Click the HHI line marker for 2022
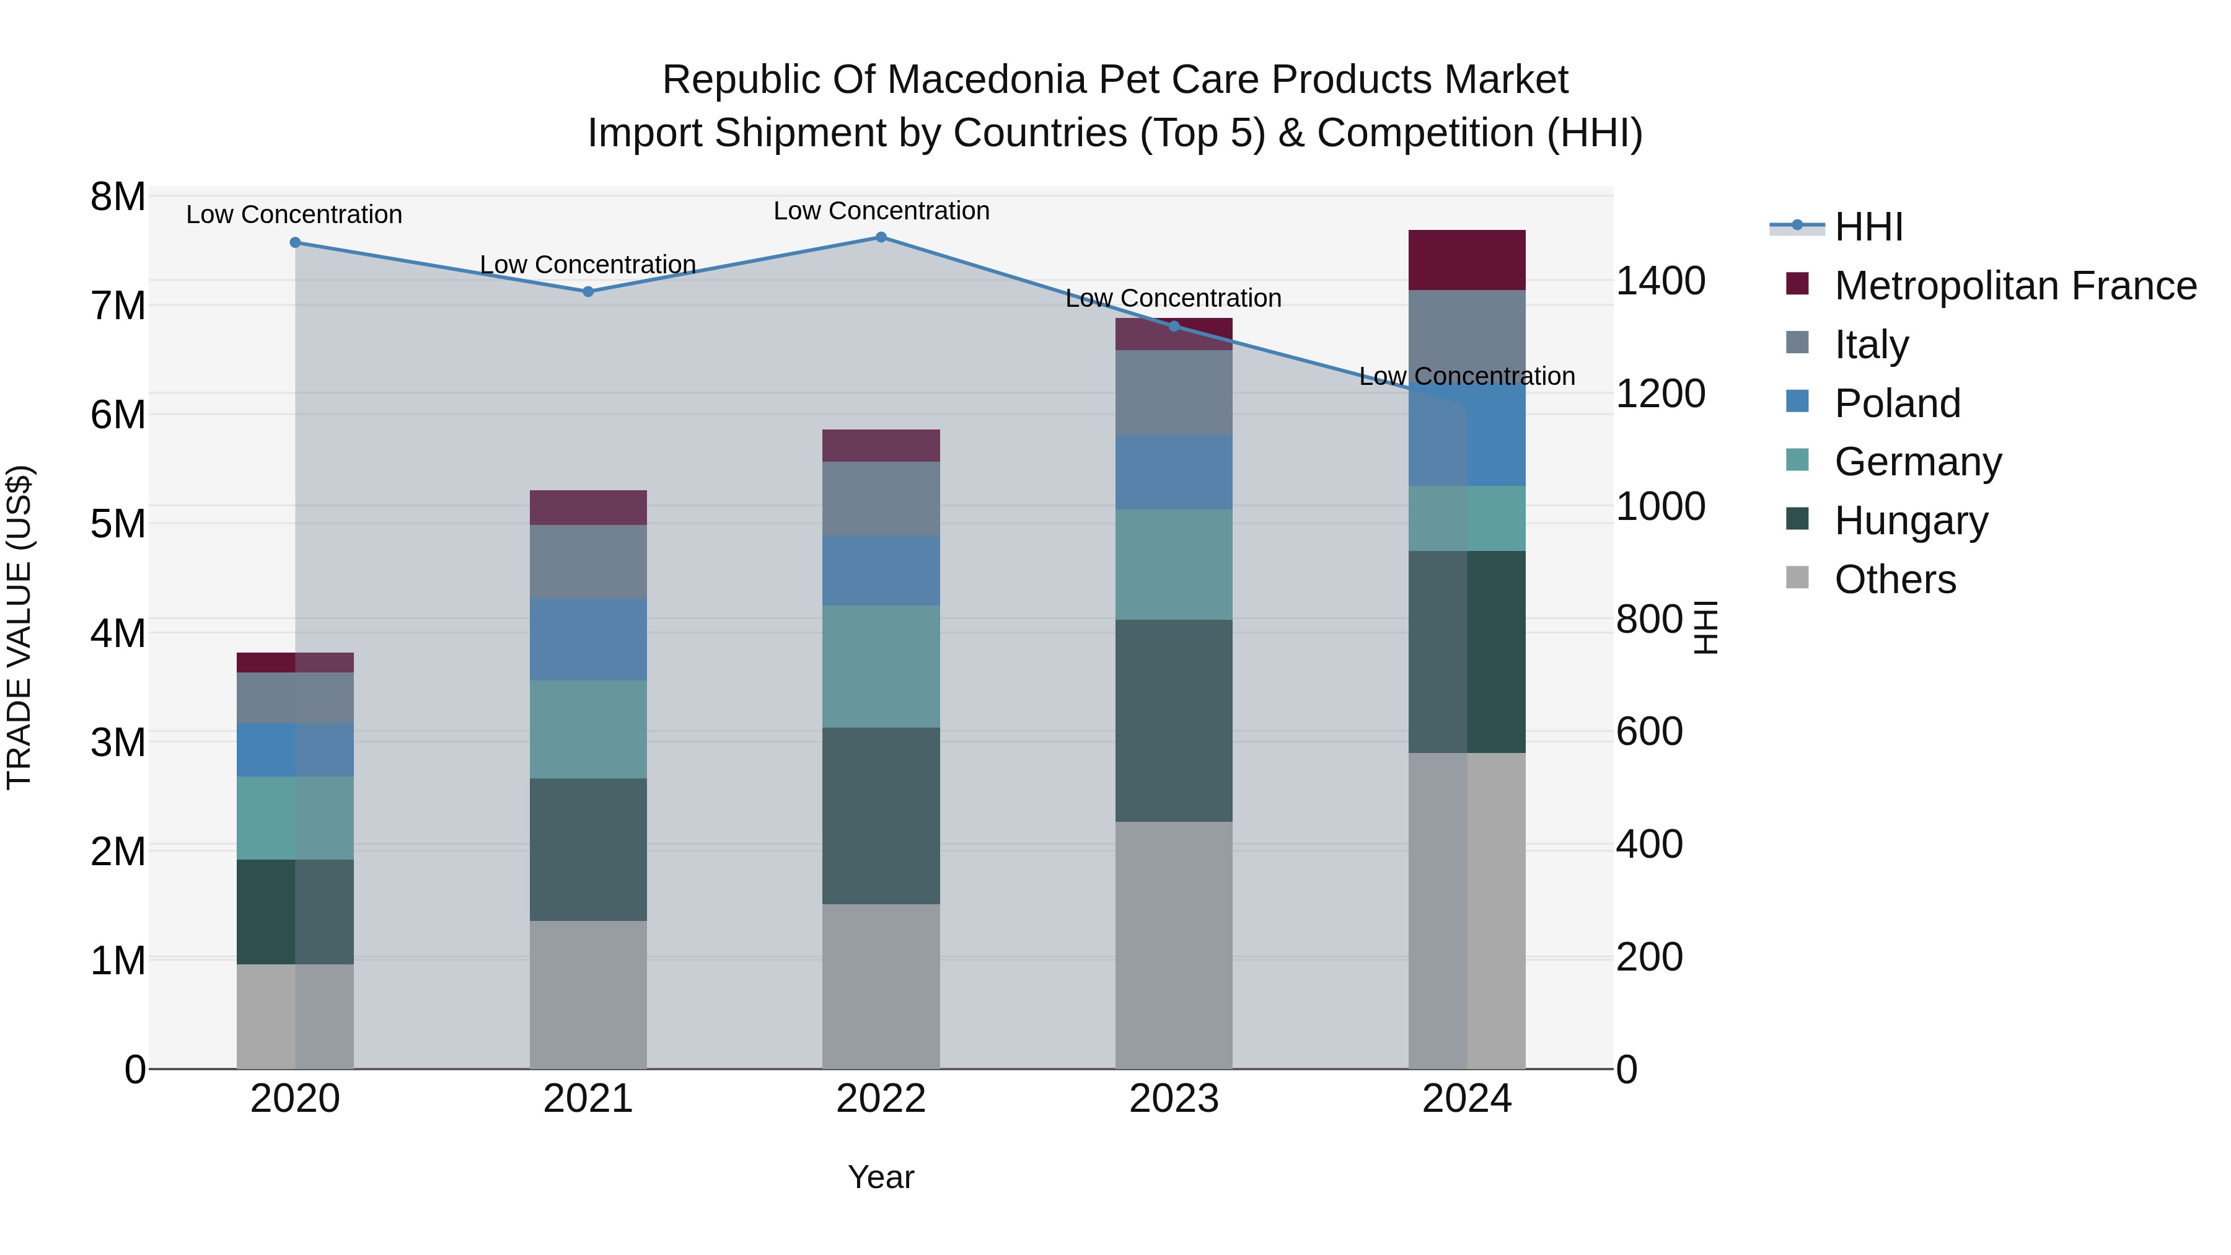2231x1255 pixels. coord(881,237)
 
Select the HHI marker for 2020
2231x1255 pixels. coord(296,242)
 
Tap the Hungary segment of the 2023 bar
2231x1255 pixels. coord(1174,721)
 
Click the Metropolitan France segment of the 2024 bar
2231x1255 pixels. coord(1466,260)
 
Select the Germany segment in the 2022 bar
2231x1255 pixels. coord(881,666)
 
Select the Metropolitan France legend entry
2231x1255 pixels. coord(2015,286)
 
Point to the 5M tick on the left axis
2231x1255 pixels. coord(118,524)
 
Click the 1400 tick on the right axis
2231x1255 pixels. coord(1660,281)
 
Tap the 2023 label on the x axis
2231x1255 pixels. coord(1174,1099)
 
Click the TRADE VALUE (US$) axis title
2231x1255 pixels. coord(19,627)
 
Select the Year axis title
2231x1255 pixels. coord(881,1177)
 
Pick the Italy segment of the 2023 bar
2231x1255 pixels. coord(1174,392)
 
